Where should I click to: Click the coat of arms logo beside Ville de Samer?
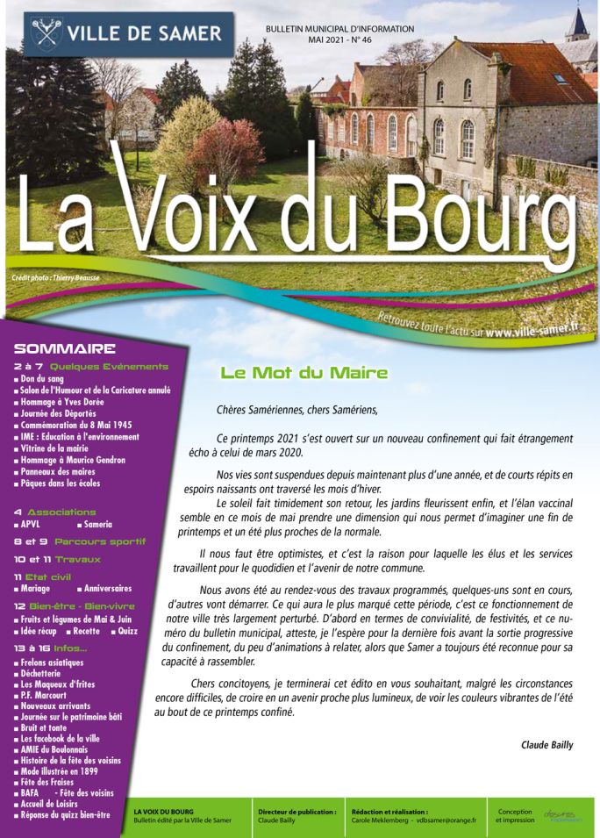46,34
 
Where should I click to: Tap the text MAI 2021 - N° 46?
339,40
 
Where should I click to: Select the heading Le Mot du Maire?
304,373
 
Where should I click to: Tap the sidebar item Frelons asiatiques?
53,662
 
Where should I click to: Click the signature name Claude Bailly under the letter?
546,745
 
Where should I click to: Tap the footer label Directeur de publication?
297,812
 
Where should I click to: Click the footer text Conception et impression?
514,816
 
